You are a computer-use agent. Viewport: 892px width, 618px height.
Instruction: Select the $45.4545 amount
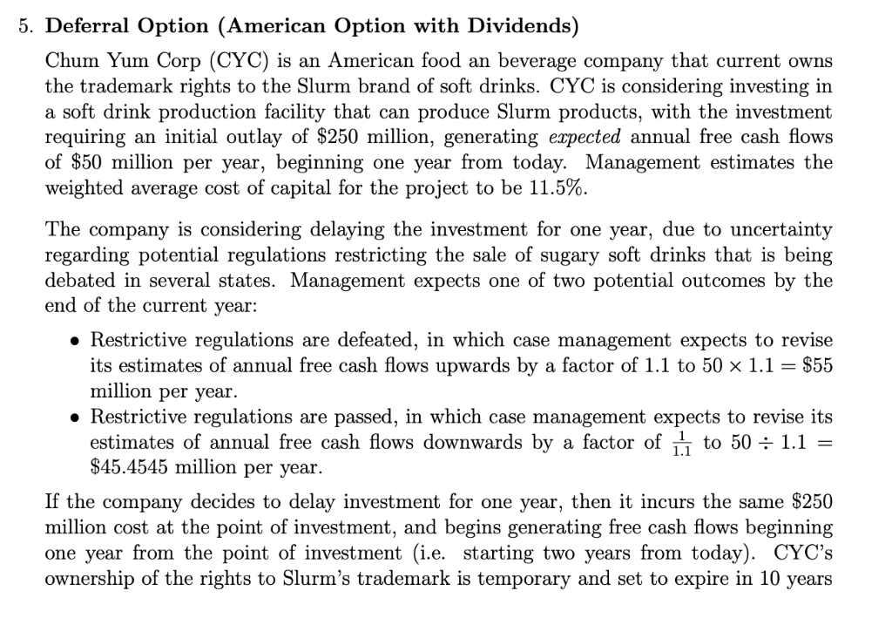[129, 466]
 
